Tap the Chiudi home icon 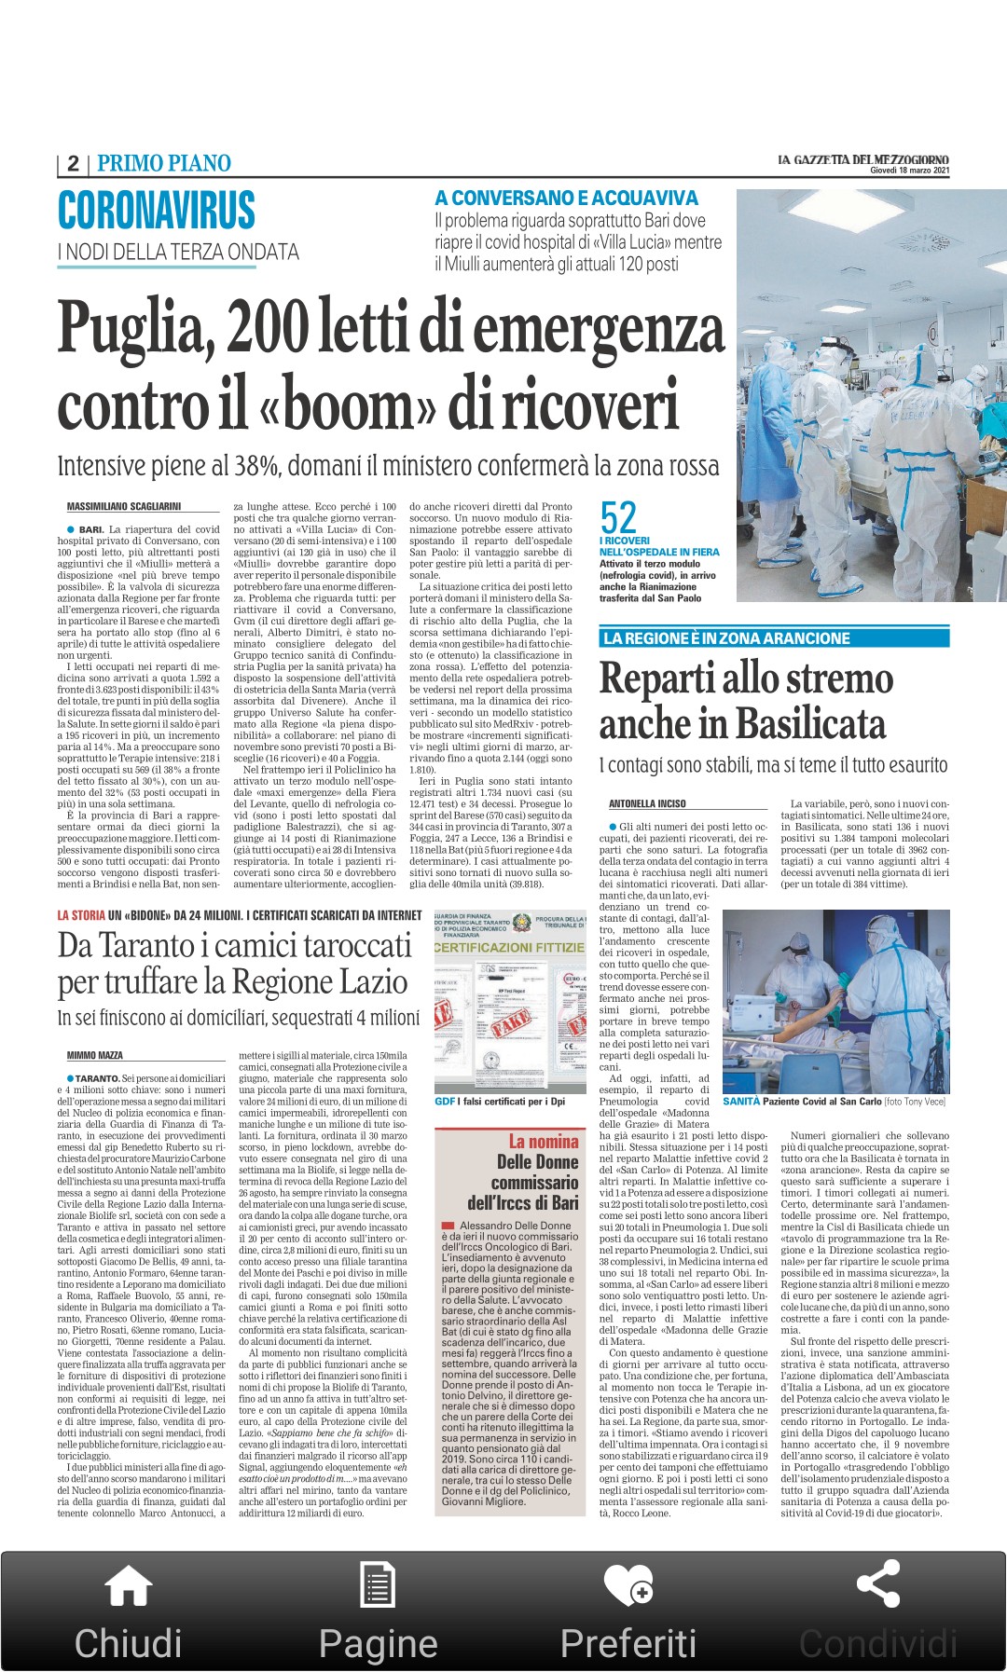click(x=128, y=1586)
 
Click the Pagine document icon click(x=377, y=1586)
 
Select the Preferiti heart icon click(x=628, y=1585)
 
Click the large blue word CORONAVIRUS click(x=156, y=210)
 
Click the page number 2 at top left click(x=73, y=164)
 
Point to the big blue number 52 click(x=618, y=517)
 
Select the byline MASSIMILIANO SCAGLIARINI click(x=124, y=507)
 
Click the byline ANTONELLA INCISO click(x=647, y=803)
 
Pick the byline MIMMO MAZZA click(x=95, y=1055)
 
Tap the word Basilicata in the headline click(x=811, y=724)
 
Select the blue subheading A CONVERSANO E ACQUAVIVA click(x=566, y=198)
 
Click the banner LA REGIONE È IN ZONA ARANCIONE click(x=726, y=638)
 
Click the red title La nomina click(x=544, y=1142)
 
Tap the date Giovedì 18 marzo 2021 click(x=909, y=171)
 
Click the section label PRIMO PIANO click(x=164, y=164)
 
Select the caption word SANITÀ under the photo click(x=741, y=1102)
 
